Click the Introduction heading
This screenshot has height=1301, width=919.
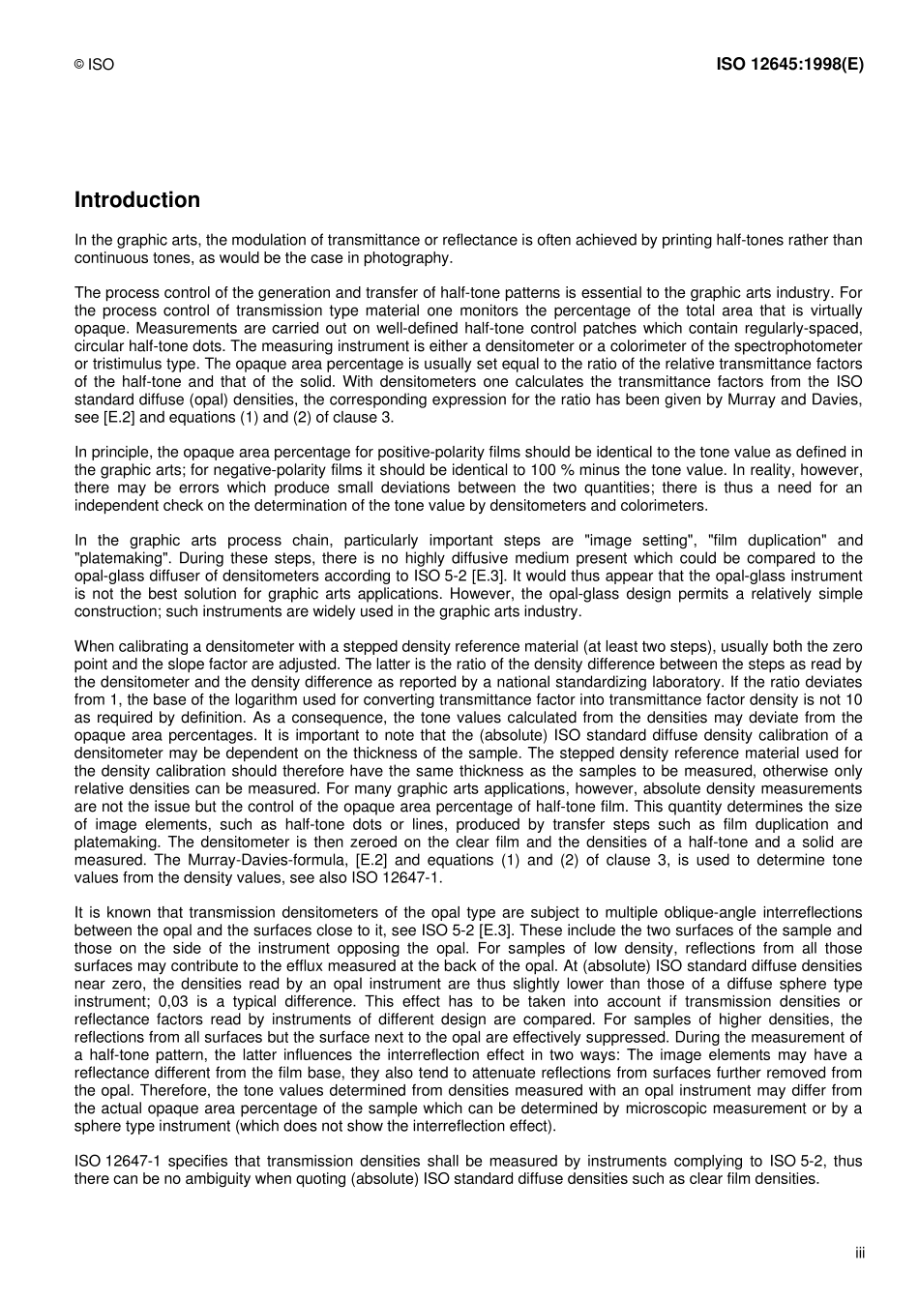(137, 200)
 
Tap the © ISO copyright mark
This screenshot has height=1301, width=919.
(94, 65)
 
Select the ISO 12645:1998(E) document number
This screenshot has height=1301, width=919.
(789, 65)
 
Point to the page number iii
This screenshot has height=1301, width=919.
(859, 1253)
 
